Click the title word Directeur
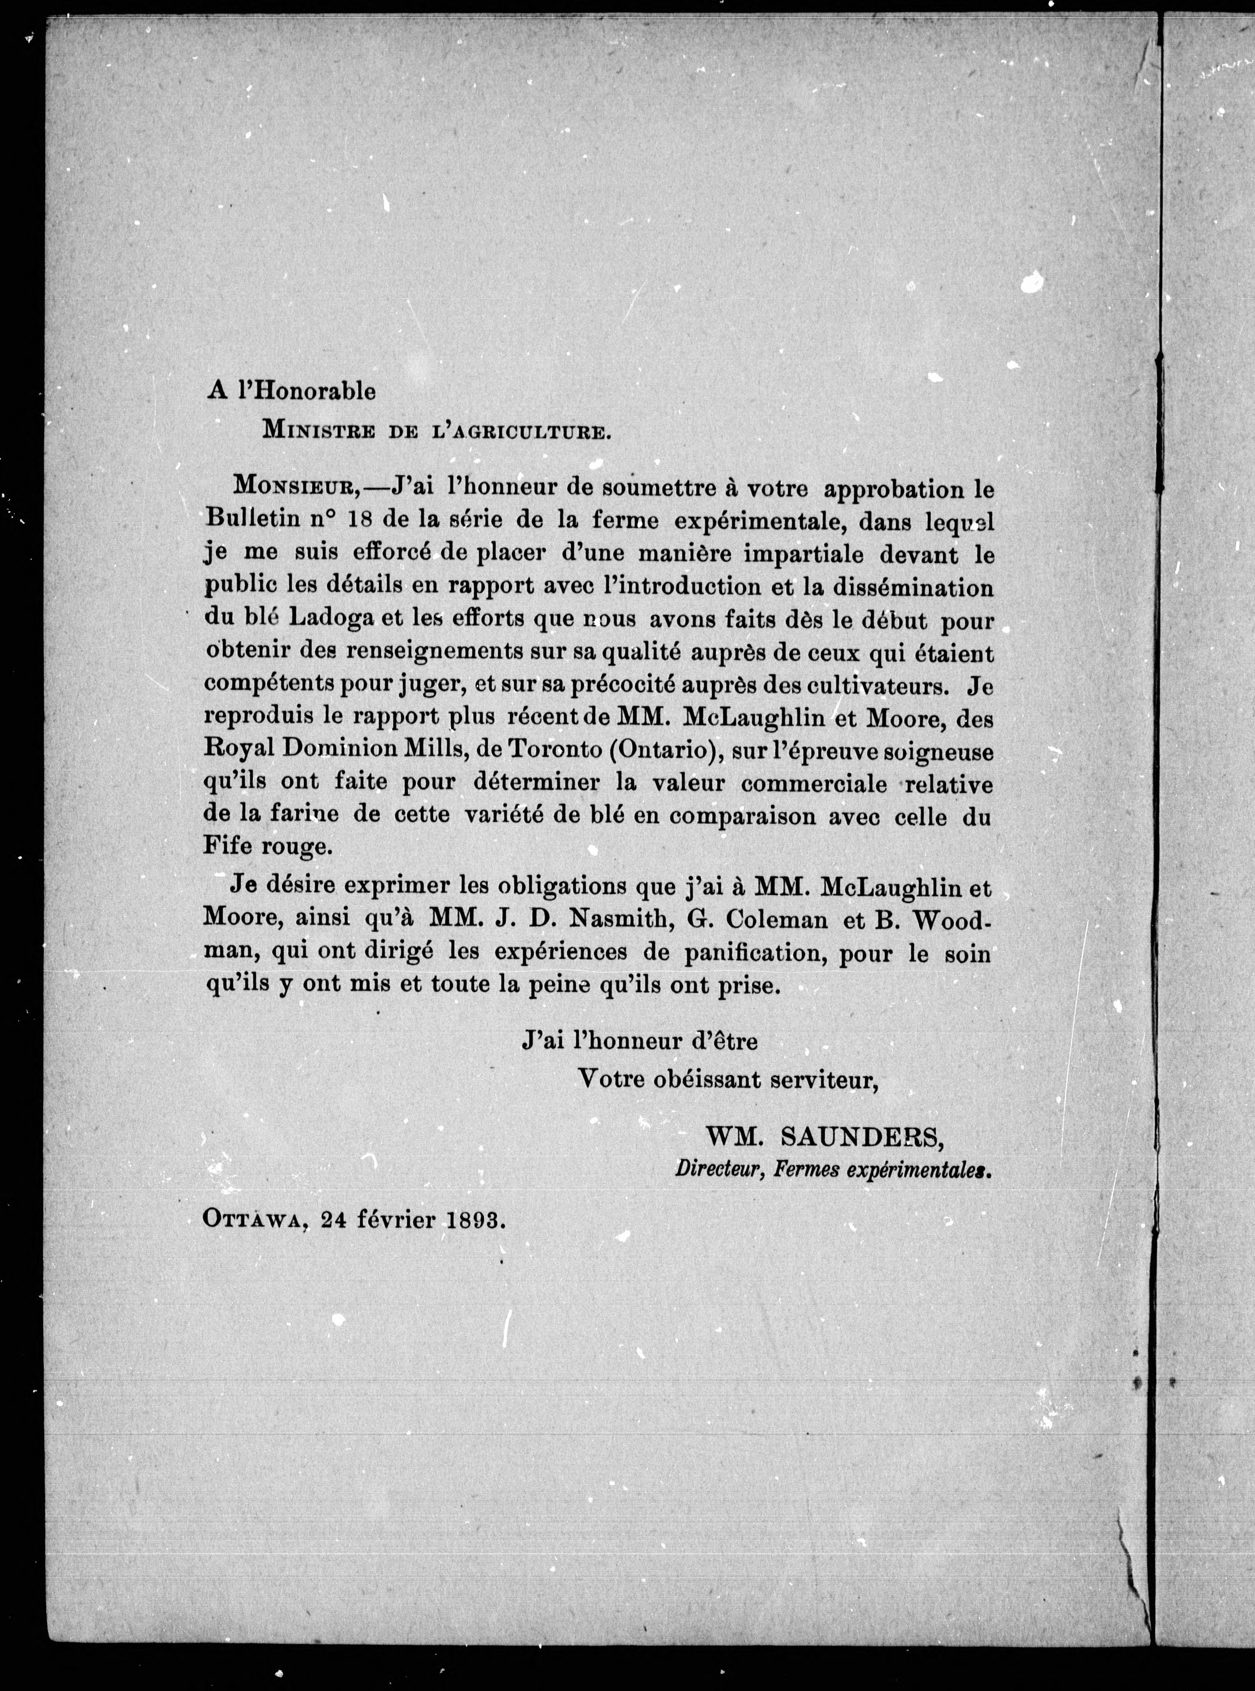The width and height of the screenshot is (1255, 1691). pyautogui.click(x=718, y=1171)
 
